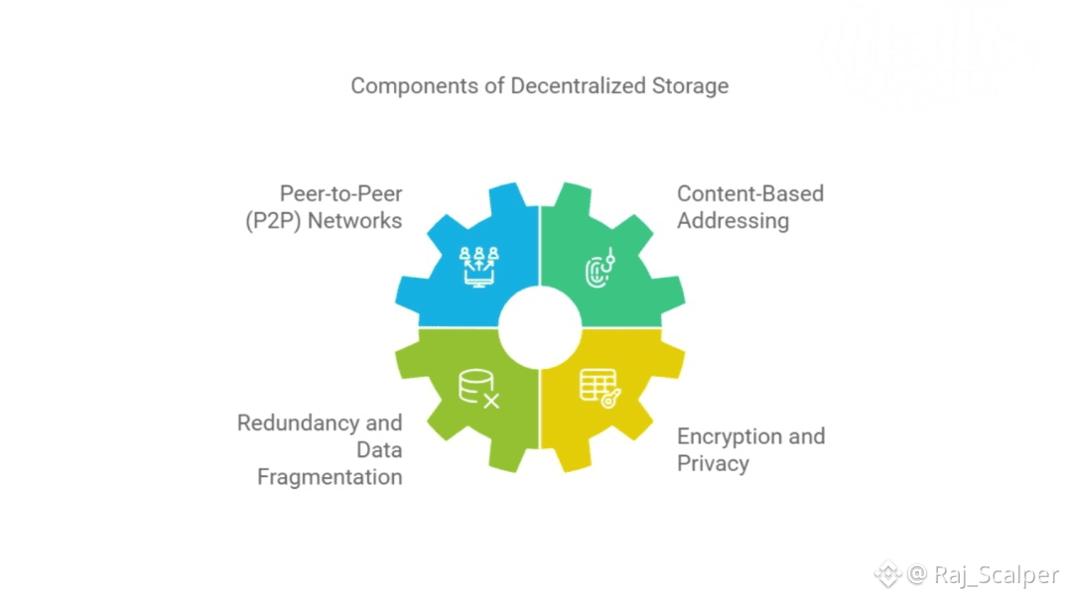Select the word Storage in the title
[690, 85]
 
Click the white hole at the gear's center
[539, 327]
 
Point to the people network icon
[478, 266]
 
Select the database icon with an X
[478, 389]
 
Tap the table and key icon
[600, 388]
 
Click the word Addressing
[733, 220]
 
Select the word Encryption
[729, 436]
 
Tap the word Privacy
[713, 463]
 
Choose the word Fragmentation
[330, 477]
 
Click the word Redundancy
[293, 423]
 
